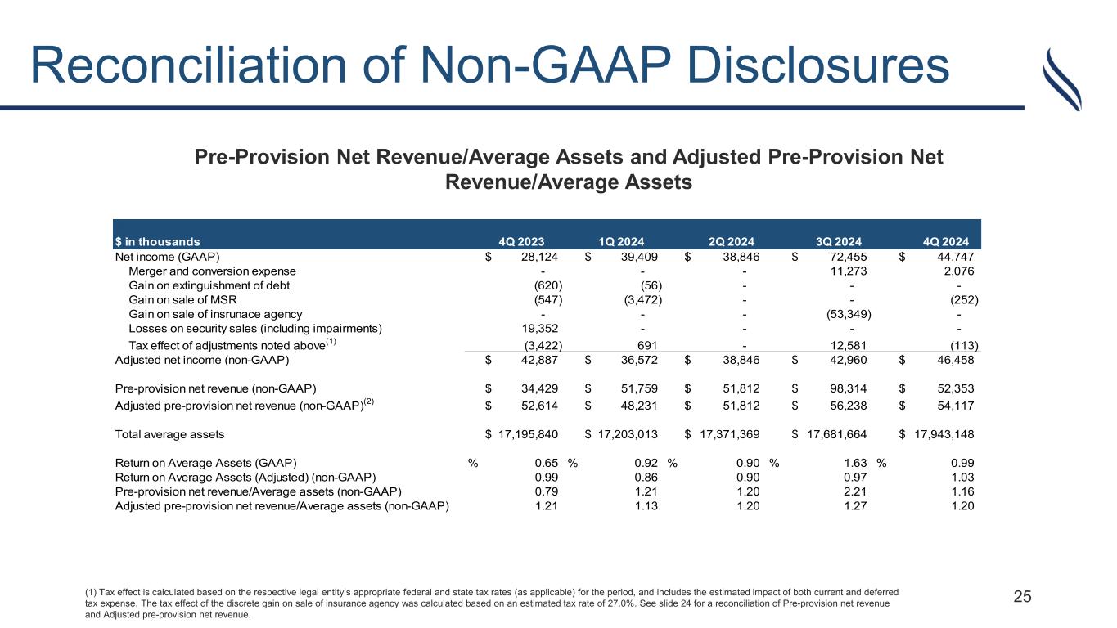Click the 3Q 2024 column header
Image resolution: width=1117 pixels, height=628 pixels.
(839, 241)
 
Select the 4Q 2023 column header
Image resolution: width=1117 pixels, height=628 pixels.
(521, 241)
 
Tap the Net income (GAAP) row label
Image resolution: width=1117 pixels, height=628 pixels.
(167, 256)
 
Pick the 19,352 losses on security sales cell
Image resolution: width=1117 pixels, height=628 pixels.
(541, 329)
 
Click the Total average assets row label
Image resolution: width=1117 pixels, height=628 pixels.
(169, 433)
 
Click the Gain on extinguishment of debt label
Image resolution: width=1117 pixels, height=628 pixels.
(209, 285)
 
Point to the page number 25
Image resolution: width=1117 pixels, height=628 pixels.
(1023, 596)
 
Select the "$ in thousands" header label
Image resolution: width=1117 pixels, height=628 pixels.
(156, 241)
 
